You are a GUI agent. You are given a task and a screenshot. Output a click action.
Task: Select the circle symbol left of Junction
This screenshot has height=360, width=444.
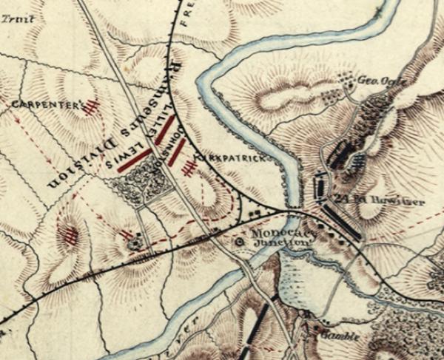point(239,240)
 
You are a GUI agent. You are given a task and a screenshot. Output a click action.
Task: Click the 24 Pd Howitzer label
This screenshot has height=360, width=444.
point(360,198)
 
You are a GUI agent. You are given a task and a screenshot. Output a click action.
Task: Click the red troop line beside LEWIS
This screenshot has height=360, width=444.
point(133,160)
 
